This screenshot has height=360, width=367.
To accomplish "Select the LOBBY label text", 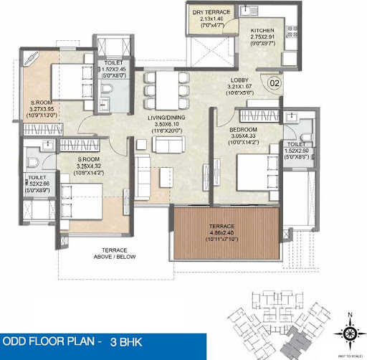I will point(240,80).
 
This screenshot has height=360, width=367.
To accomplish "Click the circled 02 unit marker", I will point(274,85).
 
